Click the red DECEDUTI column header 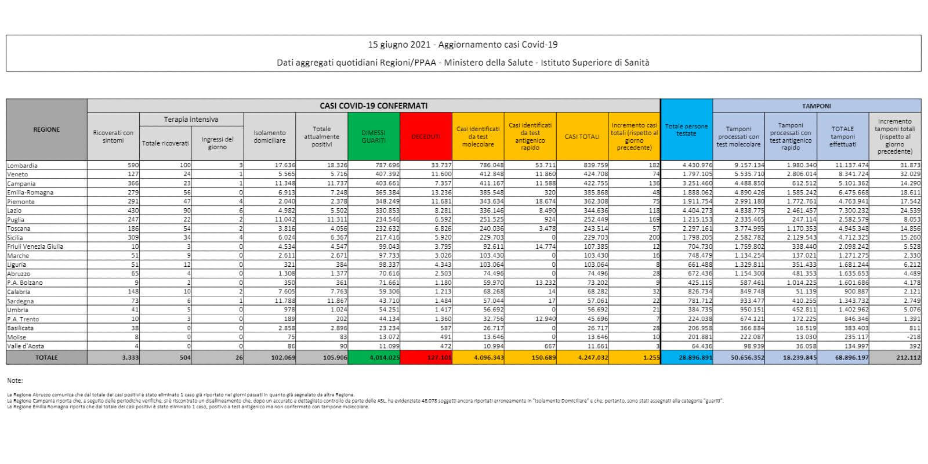click(426, 136)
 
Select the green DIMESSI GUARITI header click(374, 136)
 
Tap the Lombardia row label click(21, 165)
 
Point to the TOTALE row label click(46, 357)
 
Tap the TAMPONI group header click(816, 106)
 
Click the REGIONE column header click(46, 129)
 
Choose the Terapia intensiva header click(191, 119)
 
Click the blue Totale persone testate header click(686, 129)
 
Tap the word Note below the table click(15, 380)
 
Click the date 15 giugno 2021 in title click(400, 45)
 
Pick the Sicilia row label click(16, 237)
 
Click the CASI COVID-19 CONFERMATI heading click(374, 106)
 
